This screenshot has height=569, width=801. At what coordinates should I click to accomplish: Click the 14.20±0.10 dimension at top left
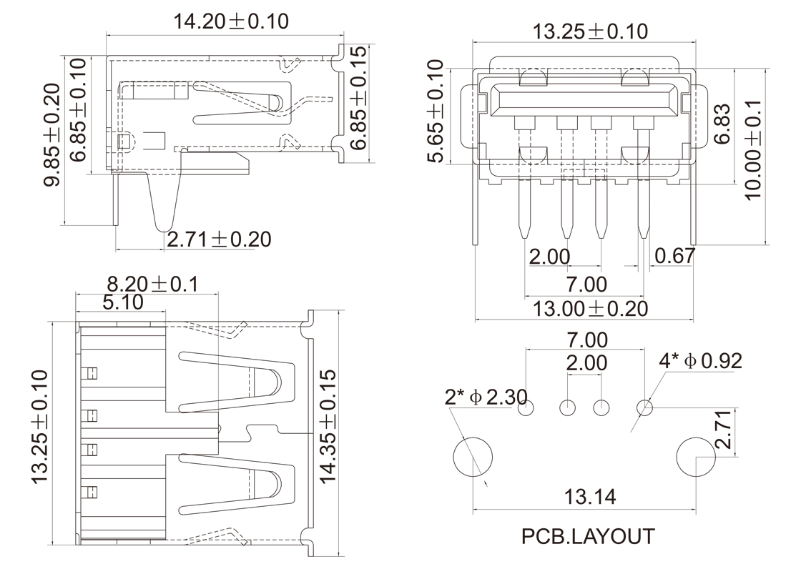(x=230, y=21)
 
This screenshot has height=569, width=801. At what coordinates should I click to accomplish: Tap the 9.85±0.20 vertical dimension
(x=51, y=136)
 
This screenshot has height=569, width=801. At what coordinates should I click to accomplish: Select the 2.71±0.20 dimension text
(x=219, y=239)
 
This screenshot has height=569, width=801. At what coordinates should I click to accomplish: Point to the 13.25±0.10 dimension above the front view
(x=591, y=31)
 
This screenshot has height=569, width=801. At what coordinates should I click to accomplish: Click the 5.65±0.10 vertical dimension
(x=435, y=112)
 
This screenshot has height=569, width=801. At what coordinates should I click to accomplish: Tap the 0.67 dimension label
(x=674, y=256)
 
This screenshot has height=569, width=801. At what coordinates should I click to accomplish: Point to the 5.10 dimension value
(x=122, y=302)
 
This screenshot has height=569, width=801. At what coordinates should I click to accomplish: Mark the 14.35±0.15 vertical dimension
(x=328, y=427)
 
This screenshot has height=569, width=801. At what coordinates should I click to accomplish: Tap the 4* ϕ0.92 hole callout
(x=700, y=360)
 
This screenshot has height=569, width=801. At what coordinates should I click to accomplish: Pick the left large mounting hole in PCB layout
(x=473, y=457)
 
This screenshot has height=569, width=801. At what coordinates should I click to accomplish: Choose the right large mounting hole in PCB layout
(x=696, y=457)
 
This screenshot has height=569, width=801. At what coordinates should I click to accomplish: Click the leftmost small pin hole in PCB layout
(x=526, y=408)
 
